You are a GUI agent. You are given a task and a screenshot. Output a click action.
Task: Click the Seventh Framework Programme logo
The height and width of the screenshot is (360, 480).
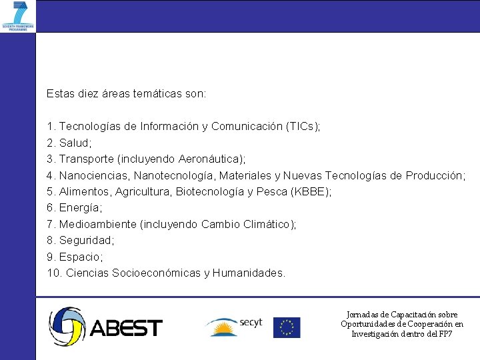click(x=18, y=16)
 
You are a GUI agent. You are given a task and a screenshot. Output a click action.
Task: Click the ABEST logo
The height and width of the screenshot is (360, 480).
click(x=105, y=327)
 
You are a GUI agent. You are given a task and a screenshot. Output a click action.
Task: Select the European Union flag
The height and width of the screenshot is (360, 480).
click(x=287, y=327)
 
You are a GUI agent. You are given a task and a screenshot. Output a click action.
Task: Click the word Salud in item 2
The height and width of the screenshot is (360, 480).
click(x=74, y=143)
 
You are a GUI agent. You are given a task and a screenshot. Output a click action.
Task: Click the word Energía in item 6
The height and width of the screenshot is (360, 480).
click(x=79, y=208)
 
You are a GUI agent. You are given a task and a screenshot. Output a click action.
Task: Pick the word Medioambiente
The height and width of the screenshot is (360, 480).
click(x=97, y=224)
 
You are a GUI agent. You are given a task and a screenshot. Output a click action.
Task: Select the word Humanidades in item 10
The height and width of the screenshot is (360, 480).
click(x=248, y=273)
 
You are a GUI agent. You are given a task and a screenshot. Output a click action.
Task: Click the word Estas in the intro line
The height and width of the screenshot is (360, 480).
click(x=60, y=94)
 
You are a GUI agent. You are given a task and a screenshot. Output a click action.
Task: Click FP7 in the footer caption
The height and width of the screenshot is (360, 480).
click(x=445, y=333)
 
